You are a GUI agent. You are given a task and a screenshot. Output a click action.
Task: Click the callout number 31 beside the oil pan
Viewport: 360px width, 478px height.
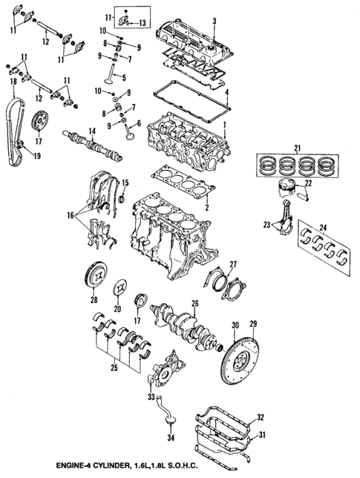[x=261, y=434]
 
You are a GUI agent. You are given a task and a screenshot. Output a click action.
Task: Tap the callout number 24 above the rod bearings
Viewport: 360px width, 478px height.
[x=322, y=227]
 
